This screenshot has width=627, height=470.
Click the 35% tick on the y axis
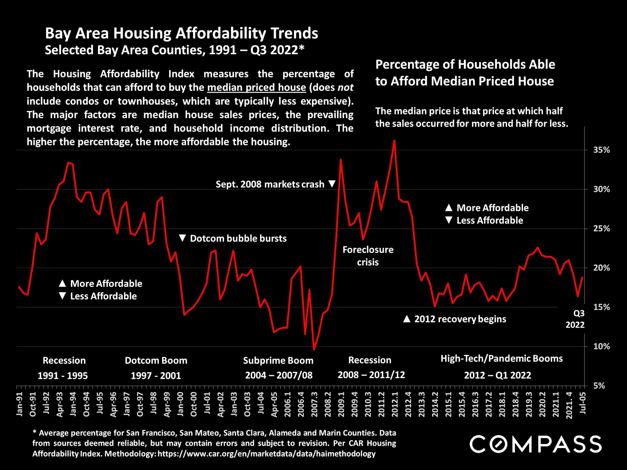[x=601, y=150]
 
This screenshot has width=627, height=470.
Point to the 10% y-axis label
[x=601, y=346]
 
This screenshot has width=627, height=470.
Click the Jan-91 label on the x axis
[x=20, y=404]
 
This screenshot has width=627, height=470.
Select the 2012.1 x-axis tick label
[x=395, y=404]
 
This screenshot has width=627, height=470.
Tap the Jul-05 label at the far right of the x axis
[x=583, y=403]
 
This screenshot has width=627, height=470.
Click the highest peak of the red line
[x=394, y=141]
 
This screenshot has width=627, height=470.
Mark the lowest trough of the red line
[x=314, y=350]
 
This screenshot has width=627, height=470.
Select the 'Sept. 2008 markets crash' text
[x=270, y=184]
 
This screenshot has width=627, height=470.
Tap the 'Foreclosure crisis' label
[x=368, y=256]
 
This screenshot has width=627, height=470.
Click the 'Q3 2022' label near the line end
[x=575, y=319]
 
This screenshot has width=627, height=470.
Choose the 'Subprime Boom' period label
[x=278, y=360]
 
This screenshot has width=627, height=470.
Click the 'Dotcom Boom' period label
[x=156, y=360]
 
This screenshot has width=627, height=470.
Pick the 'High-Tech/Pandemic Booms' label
[x=502, y=358]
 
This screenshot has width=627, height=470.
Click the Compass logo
[x=536, y=444]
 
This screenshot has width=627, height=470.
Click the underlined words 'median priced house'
[x=256, y=87]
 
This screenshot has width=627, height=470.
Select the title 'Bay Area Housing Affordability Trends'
[x=181, y=33]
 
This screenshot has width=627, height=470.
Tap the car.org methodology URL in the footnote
[x=266, y=454]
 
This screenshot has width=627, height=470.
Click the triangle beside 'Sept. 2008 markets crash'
[x=332, y=184]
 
